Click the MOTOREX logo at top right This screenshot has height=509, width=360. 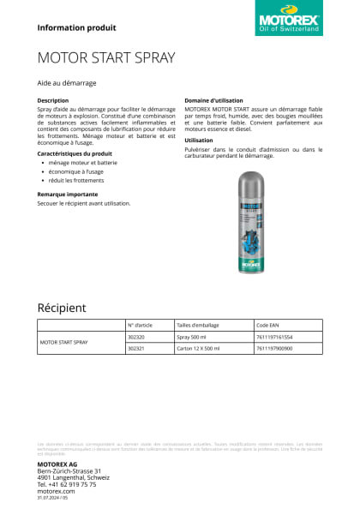(x=290, y=20)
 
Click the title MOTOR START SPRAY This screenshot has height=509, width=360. (x=106, y=58)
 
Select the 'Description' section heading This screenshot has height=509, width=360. (x=53, y=100)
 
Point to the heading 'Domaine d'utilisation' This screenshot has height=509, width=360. (x=215, y=100)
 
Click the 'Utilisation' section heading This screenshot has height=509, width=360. (x=199, y=140)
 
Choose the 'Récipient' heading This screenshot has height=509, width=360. (x=62, y=308)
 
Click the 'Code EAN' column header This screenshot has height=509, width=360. (x=268, y=326)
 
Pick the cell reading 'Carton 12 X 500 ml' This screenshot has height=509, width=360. (x=200, y=349)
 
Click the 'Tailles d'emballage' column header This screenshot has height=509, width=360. (x=198, y=326)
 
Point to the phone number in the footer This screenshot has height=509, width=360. (x=66, y=484)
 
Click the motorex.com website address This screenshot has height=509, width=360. (x=57, y=491)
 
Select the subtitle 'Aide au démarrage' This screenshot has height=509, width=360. (x=67, y=83)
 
